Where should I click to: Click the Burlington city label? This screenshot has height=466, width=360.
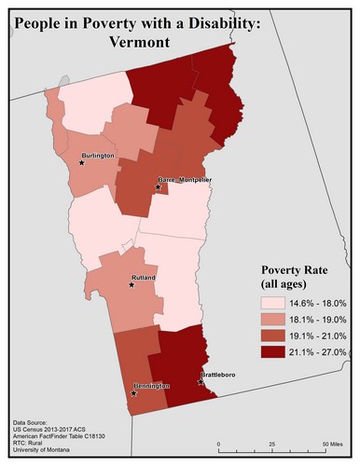tap(98, 154)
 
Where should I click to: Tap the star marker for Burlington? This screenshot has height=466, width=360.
tap(82, 163)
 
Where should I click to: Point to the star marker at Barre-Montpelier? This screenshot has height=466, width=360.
tap(159, 187)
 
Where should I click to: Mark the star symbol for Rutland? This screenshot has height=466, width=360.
tap(132, 284)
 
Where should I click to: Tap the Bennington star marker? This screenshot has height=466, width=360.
tap(134, 392)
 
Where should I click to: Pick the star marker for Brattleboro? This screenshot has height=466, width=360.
tap(201, 381)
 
